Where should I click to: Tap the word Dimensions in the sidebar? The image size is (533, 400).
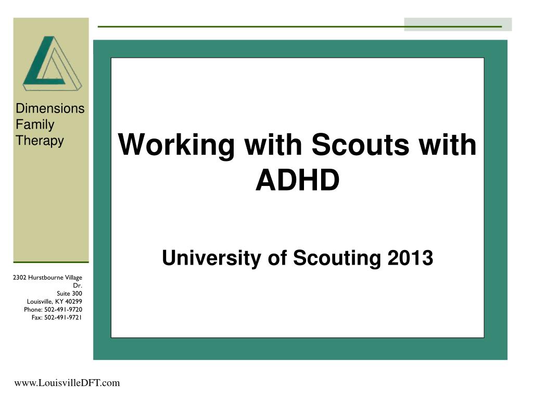coord(50,108)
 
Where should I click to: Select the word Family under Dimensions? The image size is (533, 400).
coord(35,125)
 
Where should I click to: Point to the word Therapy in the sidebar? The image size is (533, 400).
coord(40,141)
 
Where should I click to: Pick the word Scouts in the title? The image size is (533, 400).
coord(360,145)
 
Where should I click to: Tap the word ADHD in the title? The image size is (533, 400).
coord(297,180)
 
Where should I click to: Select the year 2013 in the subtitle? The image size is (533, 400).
coord(410,258)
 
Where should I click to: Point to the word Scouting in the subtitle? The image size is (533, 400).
coord(337,258)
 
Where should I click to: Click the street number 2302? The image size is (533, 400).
coord(19,278)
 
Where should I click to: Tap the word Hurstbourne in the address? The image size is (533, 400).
coord(46,278)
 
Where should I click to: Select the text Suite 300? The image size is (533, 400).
coord(69,294)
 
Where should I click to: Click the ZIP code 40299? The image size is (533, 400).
coord(73,302)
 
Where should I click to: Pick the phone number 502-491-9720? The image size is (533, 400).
coord(63,309)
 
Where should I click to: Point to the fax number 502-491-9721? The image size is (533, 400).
coord(63,318)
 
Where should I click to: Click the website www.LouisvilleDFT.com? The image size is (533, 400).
coord(67,383)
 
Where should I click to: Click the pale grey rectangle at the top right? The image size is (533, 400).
coord(458,24)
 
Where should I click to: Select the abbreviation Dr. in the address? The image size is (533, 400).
coord(78,286)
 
